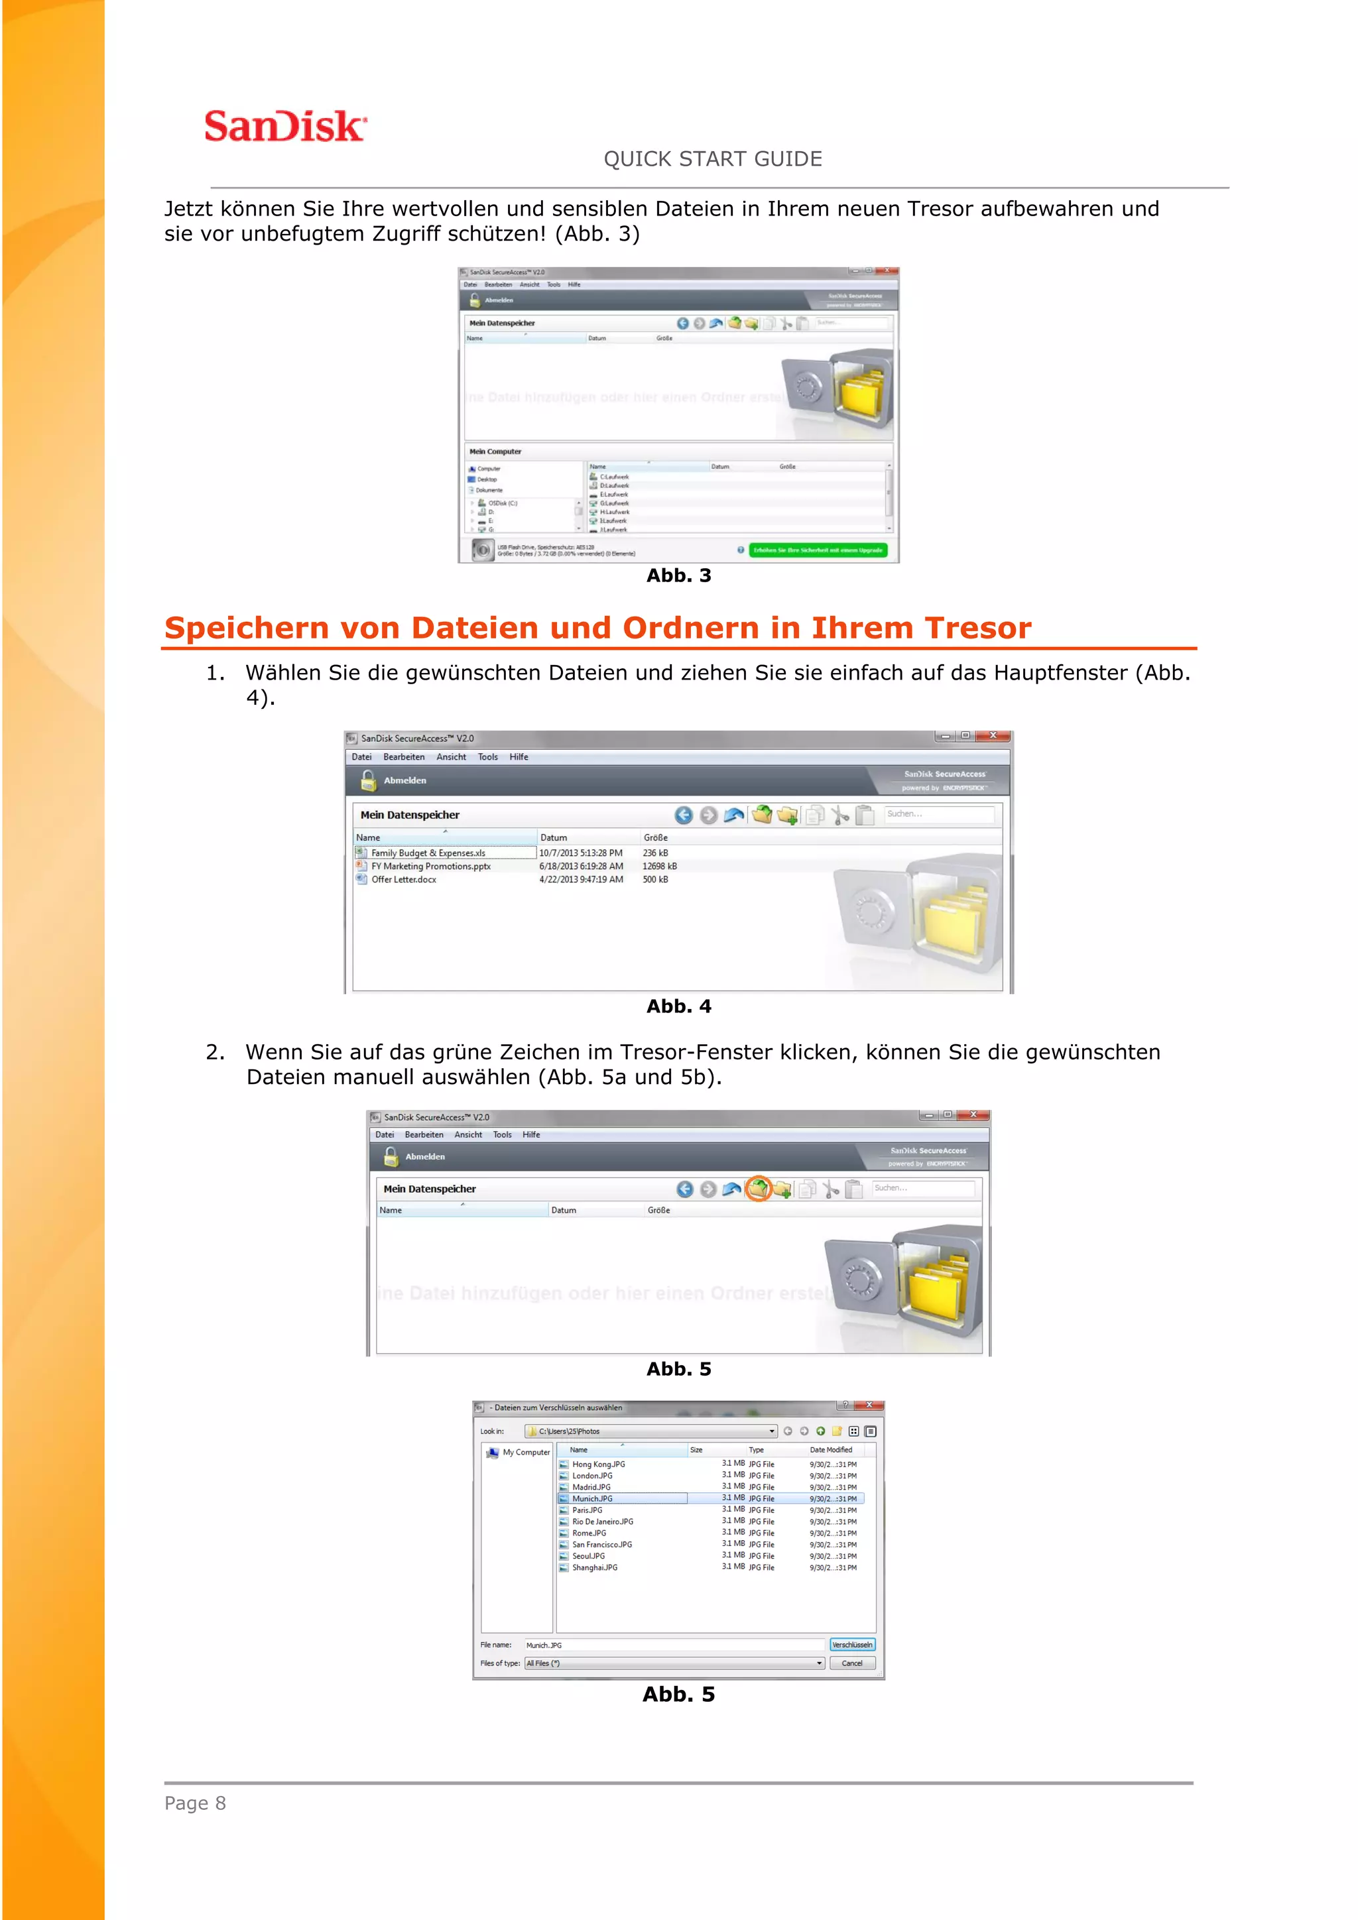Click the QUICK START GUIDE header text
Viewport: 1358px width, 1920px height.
712,159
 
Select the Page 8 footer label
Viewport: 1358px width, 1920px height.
195,1803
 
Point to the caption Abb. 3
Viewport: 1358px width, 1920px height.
678,575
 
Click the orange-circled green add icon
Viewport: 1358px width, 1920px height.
758,1188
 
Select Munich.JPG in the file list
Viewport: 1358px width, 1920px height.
593,1498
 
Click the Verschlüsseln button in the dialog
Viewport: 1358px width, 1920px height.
851,1645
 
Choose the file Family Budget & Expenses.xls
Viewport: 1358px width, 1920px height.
428,853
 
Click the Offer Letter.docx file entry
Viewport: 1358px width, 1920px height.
404,880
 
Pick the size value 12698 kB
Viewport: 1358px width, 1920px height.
659,867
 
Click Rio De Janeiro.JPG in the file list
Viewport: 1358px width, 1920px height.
602,1522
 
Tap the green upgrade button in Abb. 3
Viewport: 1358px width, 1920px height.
817,550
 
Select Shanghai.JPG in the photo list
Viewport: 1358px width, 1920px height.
595,1568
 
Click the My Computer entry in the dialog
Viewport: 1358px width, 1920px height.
525,1453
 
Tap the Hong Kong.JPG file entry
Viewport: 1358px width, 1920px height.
598,1465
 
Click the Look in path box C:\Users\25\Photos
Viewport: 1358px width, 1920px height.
650,1431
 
